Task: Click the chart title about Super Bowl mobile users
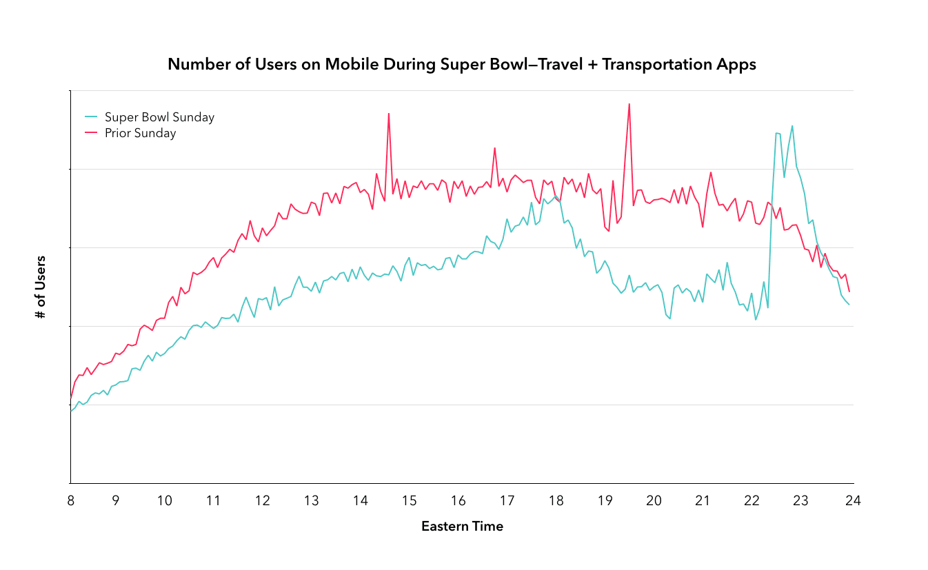point(462,65)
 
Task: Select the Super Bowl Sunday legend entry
point(159,117)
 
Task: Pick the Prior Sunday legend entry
point(140,133)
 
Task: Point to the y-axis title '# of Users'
point(41,287)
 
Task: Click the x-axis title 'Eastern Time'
point(462,527)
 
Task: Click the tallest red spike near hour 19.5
point(629,104)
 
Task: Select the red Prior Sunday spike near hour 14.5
point(389,114)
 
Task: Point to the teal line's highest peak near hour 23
point(792,126)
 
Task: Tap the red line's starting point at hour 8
point(71,397)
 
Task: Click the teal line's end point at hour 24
point(849,305)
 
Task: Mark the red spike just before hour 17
point(494,148)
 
